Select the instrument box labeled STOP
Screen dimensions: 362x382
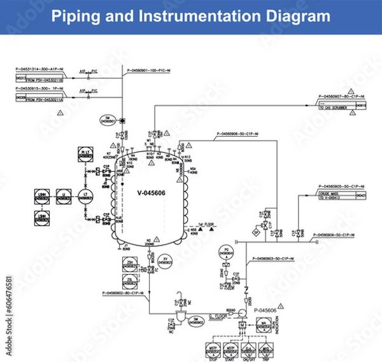coord(212,349)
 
